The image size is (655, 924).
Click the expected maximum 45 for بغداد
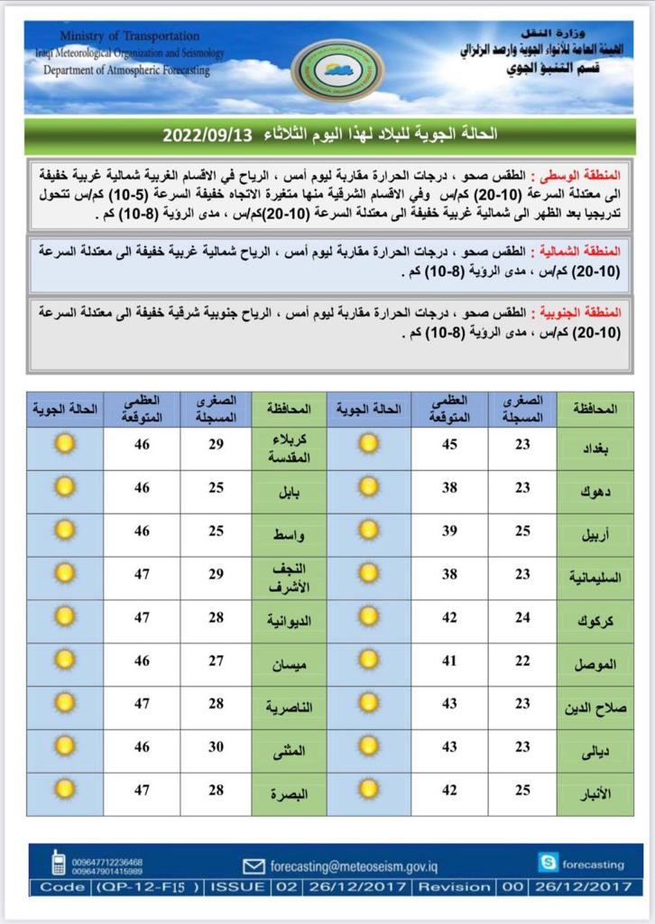pyautogui.click(x=449, y=444)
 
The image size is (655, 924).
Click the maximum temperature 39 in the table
pyautogui.click(x=449, y=531)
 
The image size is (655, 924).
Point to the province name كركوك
pyautogui.click(x=597, y=620)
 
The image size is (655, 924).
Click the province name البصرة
pyautogui.click(x=290, y=793)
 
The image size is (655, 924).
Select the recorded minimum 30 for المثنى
pyautogui.click(x=217, y=748)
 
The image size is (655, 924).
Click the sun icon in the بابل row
pyautogui.click(x=64, y=487)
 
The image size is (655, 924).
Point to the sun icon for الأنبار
pyautogui.click(x=368, y=790)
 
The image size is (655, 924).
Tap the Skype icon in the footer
pyautogui.click(x=548, y=863)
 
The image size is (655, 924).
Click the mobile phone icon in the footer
pyautogui.click(x=58, y=864)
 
